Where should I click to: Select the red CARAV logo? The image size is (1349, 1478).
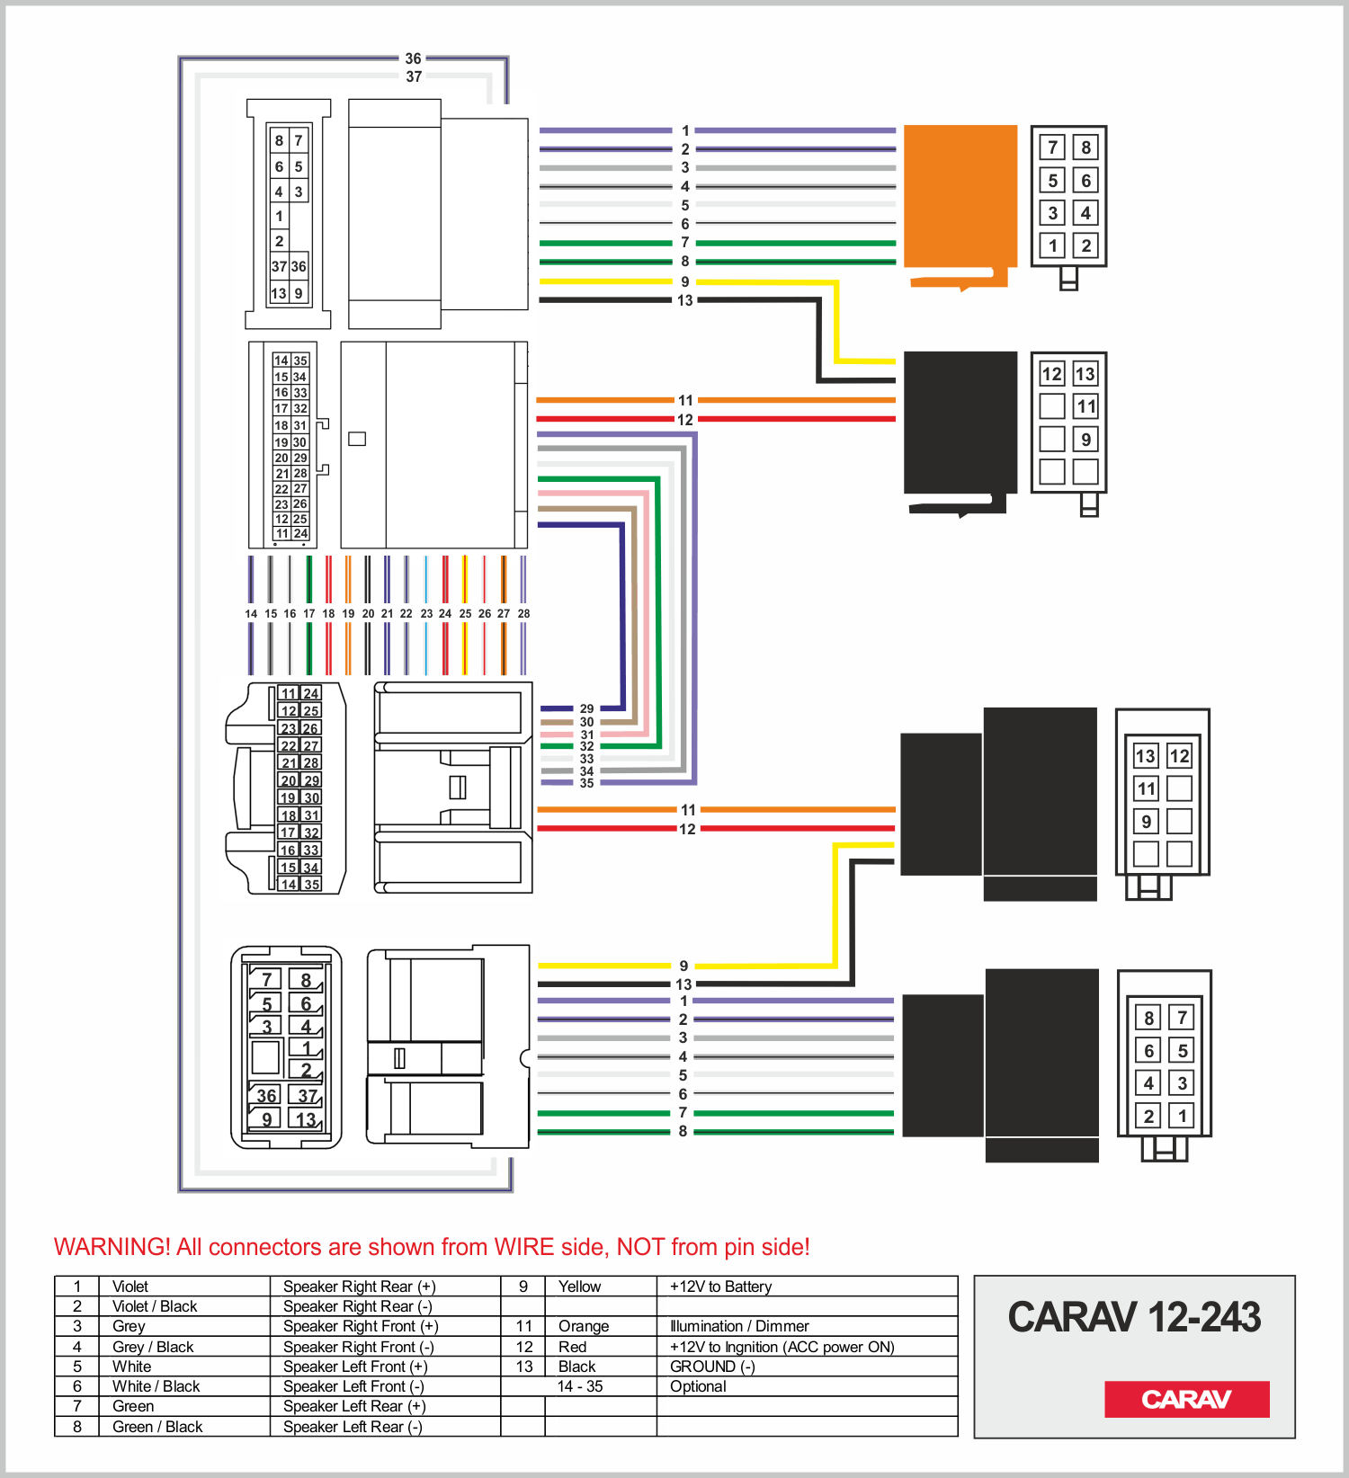[1186, 1399]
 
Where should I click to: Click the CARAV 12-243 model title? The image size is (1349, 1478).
[1134, 1317]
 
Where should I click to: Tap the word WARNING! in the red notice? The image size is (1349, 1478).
[112, 1247]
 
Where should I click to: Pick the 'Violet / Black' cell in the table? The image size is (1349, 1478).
[155, 1306]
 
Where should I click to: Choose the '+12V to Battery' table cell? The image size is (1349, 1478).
[720, 1287]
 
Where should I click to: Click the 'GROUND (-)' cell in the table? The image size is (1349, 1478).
[712, 1367]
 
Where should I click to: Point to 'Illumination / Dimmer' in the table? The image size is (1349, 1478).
[739, 1326]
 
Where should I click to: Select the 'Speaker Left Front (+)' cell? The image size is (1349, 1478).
[354, 1367]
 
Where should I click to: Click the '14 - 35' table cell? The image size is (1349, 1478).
[580, 1386]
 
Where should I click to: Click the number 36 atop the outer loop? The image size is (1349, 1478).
[413, 58]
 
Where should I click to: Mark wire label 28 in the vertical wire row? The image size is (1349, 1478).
[523, 614]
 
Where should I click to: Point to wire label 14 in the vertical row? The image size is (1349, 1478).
[251, 614]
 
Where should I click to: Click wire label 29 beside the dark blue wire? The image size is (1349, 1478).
[586, 708]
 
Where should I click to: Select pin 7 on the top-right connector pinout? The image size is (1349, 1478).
[1053, 147]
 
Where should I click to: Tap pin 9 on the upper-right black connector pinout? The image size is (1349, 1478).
[1086, 440]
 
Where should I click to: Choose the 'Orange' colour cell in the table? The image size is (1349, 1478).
[584, 1326]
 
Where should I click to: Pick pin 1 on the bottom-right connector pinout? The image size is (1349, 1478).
[1182, 1116]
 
